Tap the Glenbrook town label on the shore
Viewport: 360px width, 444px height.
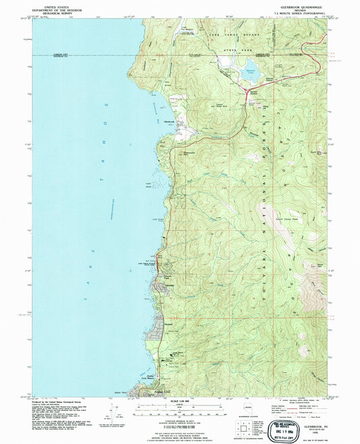(x=170, y=122)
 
